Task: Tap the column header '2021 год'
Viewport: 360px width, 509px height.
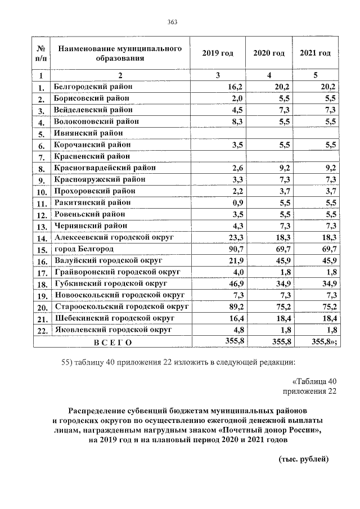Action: [315, 53]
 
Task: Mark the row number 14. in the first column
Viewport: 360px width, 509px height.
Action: [41, 238]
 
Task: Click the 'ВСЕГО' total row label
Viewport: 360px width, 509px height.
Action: [112, 342]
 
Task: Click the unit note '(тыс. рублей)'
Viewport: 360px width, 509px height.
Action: [304, 459]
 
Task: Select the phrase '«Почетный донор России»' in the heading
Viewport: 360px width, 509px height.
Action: [273, 430]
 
